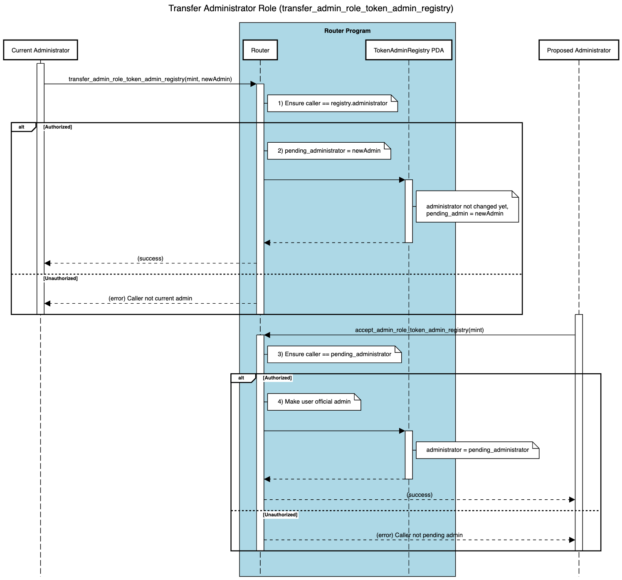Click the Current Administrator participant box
pos(40,50)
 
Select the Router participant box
pos(260,50)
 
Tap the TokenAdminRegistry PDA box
pos(408,50)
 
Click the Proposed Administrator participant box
pos(578,50)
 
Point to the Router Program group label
pos(347,31)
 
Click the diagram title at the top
pos(311,8)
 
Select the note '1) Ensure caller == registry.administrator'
pos(332,103)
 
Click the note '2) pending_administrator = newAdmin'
pos(329,151)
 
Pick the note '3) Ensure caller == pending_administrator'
pos(334,354)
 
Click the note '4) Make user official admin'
pos(314,402)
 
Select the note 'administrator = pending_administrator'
pos(477,450)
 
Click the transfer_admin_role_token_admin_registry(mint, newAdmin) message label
pos(150,79)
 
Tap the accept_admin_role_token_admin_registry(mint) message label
pos(419,330)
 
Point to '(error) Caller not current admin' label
pos(150,298)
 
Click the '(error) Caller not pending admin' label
pos(419,535)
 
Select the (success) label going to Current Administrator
pos(150,258)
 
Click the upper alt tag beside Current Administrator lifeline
pos(22,127)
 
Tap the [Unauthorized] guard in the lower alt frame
pos(280,515)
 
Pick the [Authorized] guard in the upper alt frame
pos(57,127)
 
